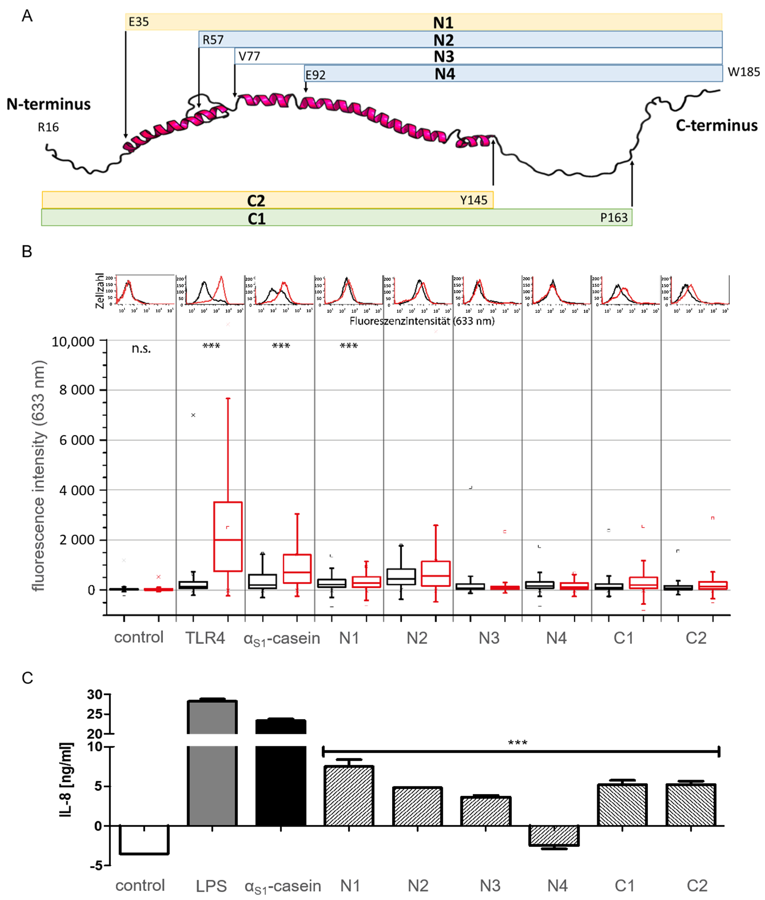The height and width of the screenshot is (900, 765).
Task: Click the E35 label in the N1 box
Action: tap(139, 22)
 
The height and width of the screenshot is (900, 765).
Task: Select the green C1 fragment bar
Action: tap(336, 217)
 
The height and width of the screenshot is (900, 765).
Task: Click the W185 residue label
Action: tap(743, 72)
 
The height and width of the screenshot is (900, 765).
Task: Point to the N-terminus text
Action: tap(48, 104)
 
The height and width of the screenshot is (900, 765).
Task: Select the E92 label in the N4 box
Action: tap(315, 75)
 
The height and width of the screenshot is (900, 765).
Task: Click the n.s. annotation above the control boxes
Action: tap(141, 349)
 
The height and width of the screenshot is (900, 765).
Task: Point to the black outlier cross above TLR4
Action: tap(193, 415)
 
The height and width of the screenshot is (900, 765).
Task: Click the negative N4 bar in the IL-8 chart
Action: tap(554, 835)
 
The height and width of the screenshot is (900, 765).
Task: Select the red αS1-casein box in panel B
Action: tap(297, 568)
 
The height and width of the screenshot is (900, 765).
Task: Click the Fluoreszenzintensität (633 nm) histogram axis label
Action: tap(422, 321)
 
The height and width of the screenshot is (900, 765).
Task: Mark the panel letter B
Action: tap(27, 252)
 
